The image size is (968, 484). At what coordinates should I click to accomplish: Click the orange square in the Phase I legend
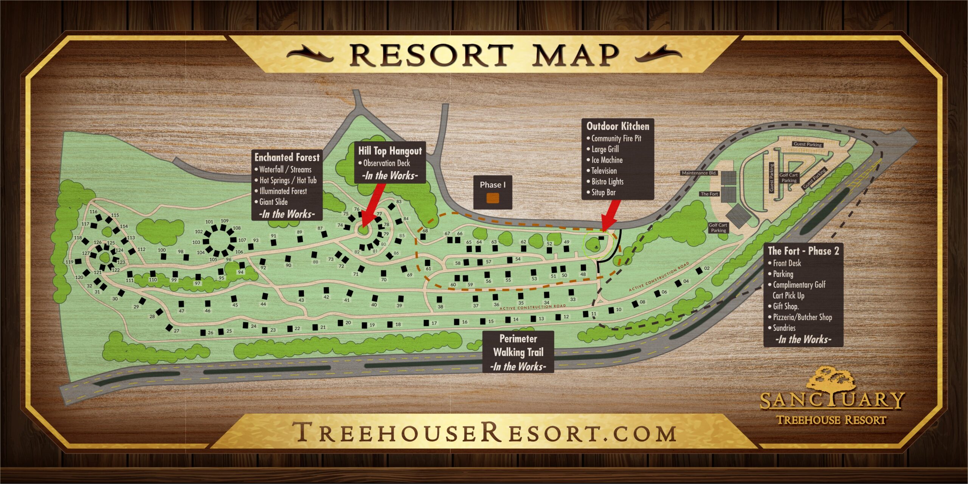click(x=493, y=198)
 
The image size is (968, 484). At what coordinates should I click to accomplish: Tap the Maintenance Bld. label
click(x=699, y=173)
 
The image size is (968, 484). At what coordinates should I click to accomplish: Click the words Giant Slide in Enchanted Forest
click(x=273, y=202)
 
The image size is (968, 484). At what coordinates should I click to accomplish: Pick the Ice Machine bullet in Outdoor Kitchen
click(x=607, y=160)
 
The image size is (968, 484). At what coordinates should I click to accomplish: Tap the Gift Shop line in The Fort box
click(x=785, y=306)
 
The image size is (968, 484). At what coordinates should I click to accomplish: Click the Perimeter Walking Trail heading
click(x=518, y=345)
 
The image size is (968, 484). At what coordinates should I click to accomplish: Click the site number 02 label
click(x=707, y=268)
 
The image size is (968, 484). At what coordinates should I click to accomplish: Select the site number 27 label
click(x=177, y=331)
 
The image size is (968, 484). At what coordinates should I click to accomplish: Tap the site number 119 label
click(x=69, y=262)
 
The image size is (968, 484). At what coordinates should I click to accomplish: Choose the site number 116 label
click(x=93, y=212)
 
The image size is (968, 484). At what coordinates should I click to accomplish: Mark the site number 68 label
click(x=425, y=230)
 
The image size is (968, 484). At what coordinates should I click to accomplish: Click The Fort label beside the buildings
click(x=709, y=194)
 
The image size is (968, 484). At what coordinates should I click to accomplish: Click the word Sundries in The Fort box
click(x=784, y=328)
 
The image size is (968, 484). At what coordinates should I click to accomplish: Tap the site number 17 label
click(x=434, y=323)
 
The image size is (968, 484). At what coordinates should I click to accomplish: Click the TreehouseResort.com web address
click(x=484, y=433)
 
